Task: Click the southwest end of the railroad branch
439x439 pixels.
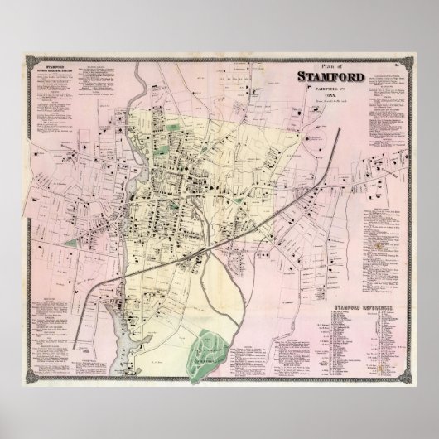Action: [x=80, y=337]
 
